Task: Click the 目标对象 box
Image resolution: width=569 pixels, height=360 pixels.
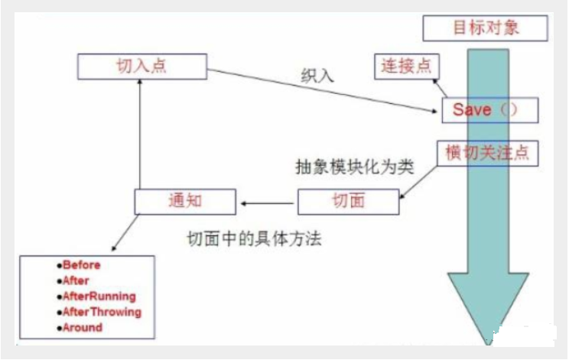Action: [x=485, y=28]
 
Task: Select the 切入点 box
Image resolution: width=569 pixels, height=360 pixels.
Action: [x=142, y=66]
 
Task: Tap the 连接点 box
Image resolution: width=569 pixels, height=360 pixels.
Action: [x=402, y=66]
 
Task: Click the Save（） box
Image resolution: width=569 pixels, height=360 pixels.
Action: [x=489, y=110]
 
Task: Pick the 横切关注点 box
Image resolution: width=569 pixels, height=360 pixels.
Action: [x=487, y=154]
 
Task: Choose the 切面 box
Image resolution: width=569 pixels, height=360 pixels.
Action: [x=348, y=202]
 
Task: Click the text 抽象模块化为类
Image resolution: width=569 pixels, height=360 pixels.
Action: [x=354, y=167]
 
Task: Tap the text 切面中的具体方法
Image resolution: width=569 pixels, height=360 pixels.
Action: [x=255, y=239]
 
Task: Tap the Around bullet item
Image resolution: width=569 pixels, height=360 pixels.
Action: [x=80, y=327]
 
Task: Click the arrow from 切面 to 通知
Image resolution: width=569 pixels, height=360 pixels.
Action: [x=267, y=203]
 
